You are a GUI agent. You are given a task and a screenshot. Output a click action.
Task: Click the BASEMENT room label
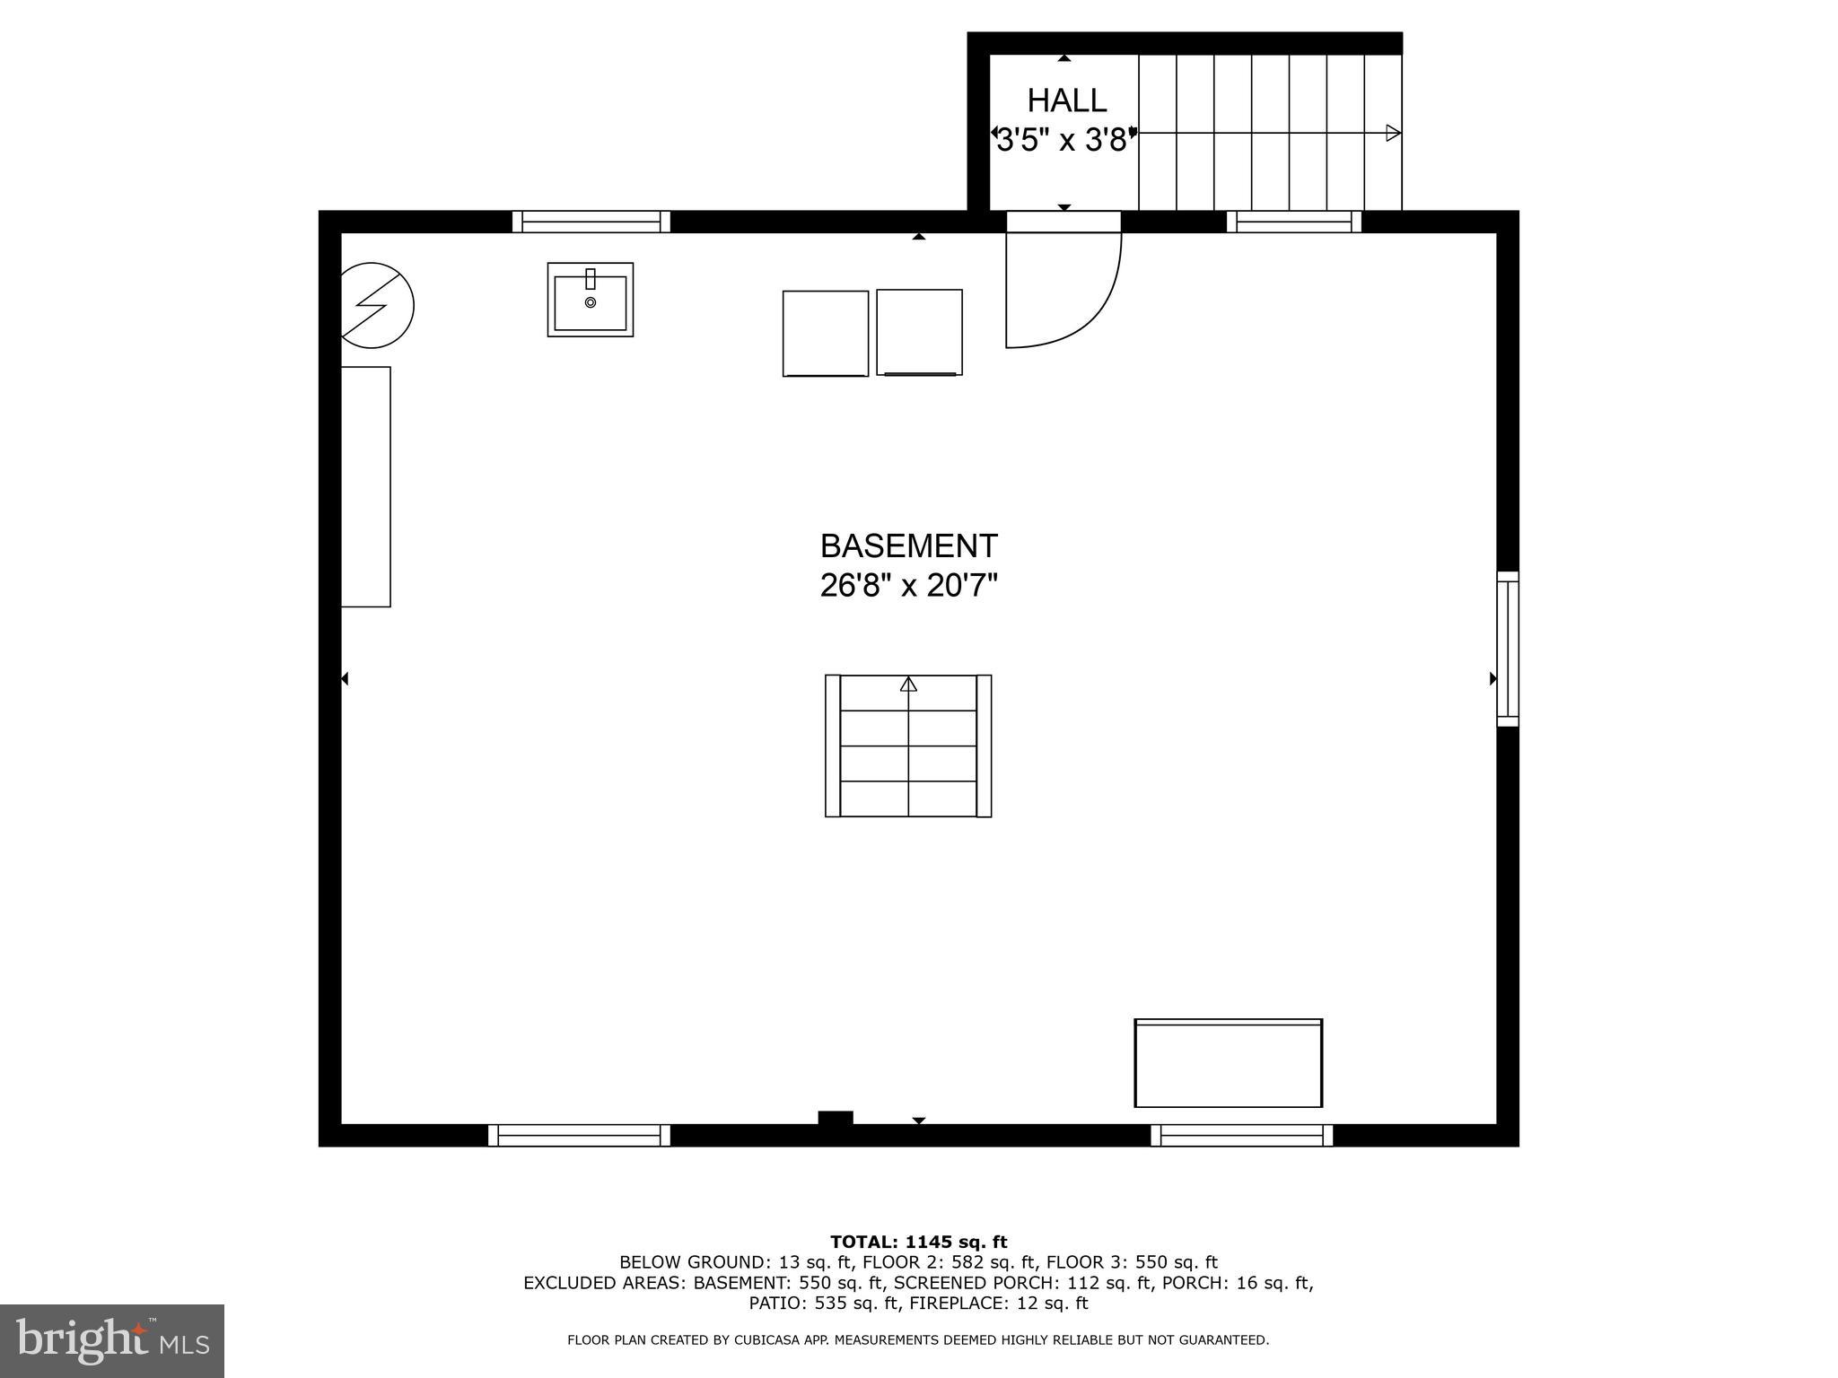click(x=908, y=545)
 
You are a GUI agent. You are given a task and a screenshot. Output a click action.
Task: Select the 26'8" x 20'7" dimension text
click(x=908, y=586)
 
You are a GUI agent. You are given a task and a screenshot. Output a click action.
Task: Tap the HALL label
click(x=1066, y=100)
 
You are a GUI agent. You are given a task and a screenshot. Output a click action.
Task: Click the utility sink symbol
click(x=590, y=300)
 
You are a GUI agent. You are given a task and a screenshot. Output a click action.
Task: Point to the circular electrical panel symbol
click(x=376, y=305)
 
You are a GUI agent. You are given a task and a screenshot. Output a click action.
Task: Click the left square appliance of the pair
click(x=825, y=333)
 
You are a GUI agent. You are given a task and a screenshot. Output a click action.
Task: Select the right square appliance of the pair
click(x=919, y=332)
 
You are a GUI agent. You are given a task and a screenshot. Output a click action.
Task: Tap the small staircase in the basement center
click(x=907, y=746)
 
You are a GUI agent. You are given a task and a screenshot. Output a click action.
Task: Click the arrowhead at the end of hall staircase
click(x=1392, y=133)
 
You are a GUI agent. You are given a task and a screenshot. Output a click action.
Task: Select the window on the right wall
click(x=1507, y=649)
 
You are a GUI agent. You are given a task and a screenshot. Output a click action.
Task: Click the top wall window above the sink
click(x=591, y=222)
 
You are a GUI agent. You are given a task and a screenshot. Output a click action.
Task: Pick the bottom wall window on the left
click(x=579, y=1135)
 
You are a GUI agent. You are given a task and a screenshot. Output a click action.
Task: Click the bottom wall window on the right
click(x=1241, y=1135)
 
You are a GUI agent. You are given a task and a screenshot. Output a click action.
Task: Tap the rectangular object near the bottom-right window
click(x=1228, y=1063)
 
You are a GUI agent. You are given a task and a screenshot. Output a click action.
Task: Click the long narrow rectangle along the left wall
click(x=365, y=486)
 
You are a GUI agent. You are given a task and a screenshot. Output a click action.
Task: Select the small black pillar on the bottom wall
click(x=835, y=1118)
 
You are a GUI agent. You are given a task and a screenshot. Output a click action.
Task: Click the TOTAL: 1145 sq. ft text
click(x=918, y=1242)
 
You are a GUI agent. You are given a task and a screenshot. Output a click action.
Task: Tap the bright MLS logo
click(x=111, y=1341)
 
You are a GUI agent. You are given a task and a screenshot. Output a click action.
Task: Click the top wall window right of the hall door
click(x=1293, y=222)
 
